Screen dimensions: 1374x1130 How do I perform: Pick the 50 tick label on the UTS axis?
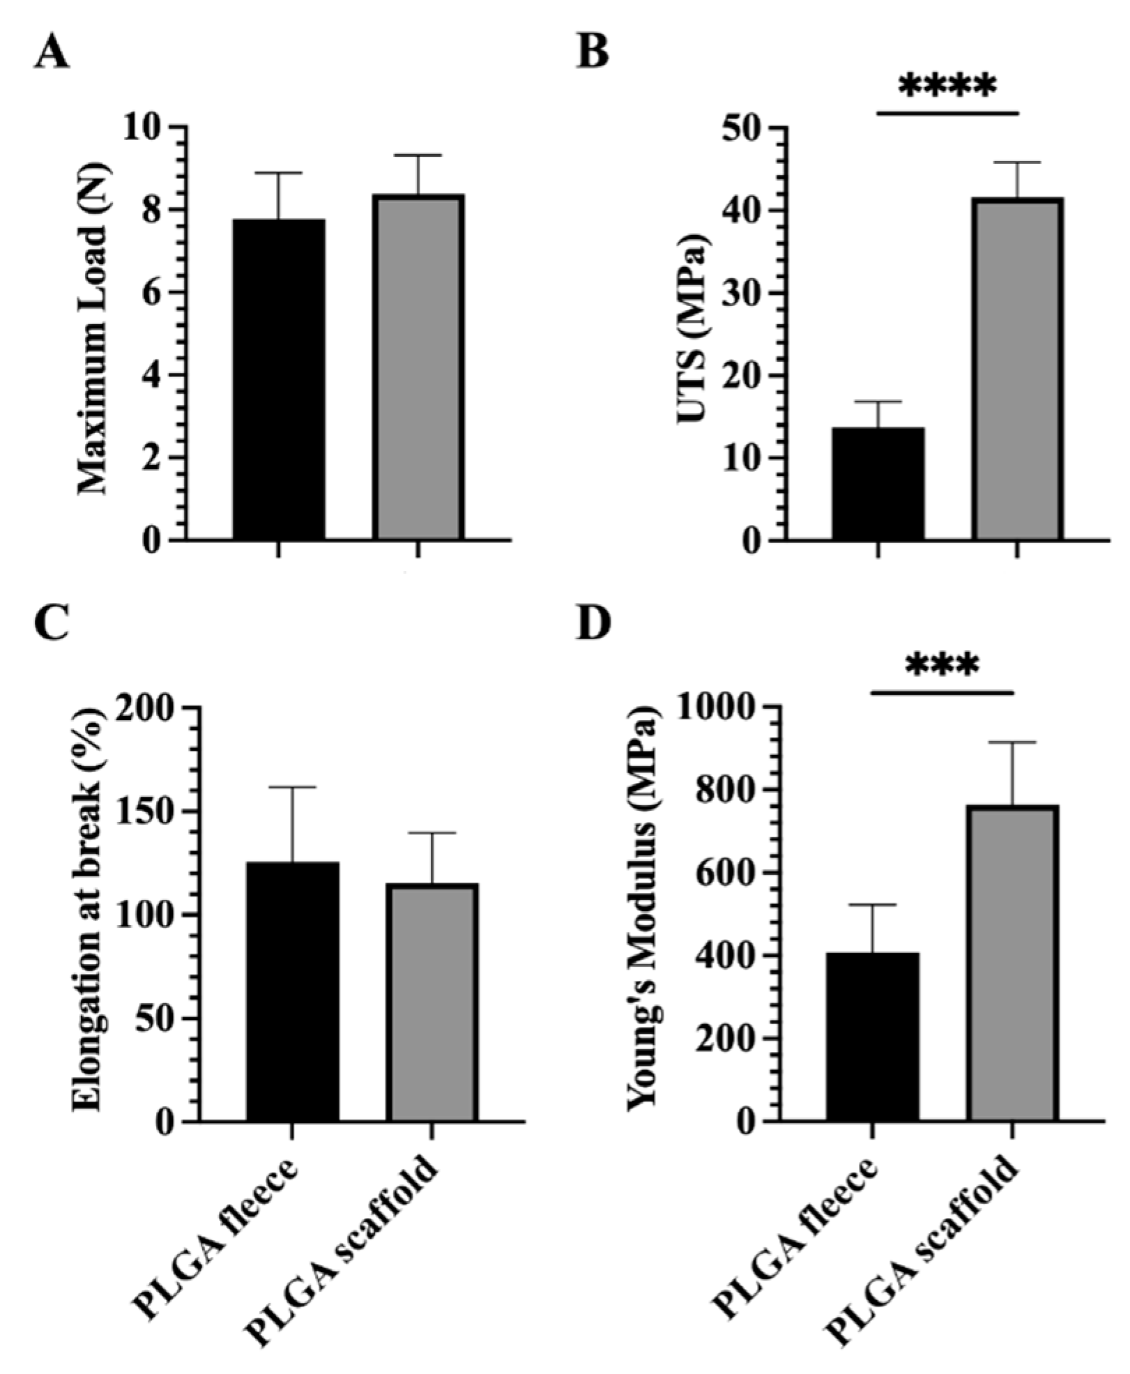pyautogui.click(x=745, y=129)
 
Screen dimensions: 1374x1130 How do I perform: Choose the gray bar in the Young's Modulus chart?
pyautogui.click(x=1012, y=963)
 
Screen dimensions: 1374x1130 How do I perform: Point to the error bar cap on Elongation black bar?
pyautogui.click(x=292, y=787)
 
